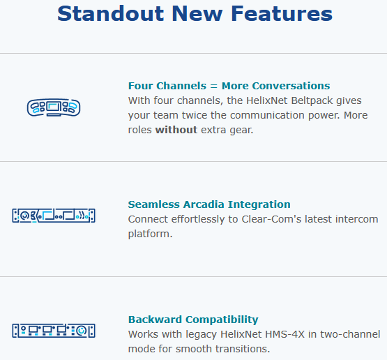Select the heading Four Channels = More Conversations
pyautogui.click(x=229, y=86)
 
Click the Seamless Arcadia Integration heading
pyautogui.click(x=209, y=204)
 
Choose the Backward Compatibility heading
pyautogui.click(x=193, y=320)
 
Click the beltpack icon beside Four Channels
pyautogui.click(x=54, y=107)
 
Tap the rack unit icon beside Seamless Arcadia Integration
pyautogui.click(x=54, y=216)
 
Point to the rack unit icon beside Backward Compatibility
pyautogui.click(x=54, y=331)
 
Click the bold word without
pyautogui.click(x=176, y=130)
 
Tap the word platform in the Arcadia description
pyautogui.click(x=150, y=234)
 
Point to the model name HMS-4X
pyautogui.click(x=264, y=334)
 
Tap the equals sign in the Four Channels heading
pyautogui.click(x=214, y=86)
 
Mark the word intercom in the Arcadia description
pyautogui.click(x=356, y=219)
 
